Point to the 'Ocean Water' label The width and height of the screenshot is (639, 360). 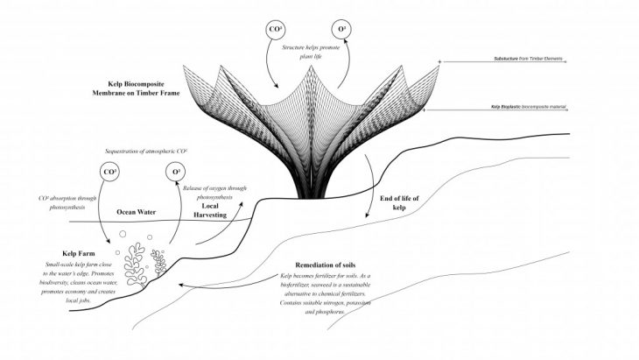click(x=136, y=211)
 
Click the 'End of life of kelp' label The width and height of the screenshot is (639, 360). click(x=400, y=203)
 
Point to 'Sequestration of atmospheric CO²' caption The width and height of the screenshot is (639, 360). click(x=146, y=151)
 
